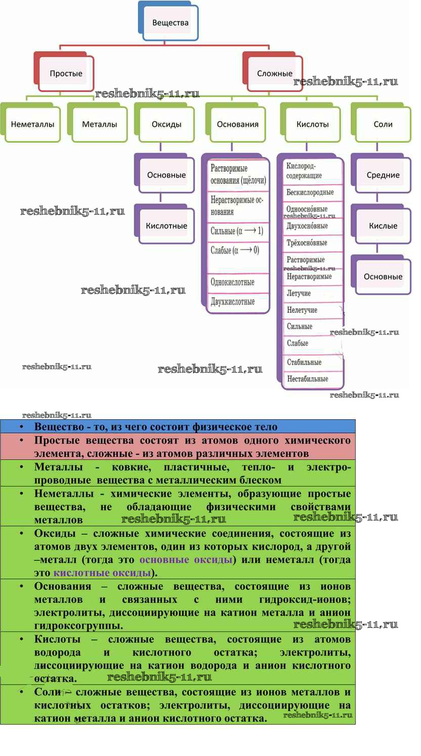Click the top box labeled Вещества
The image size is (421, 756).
(x=170, y=23)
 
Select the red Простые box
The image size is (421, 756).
(x=66, y=73)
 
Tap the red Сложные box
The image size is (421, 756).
(x=274, y=73)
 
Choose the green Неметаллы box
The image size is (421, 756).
(x=32, y=124)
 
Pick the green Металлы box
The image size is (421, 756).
(x=99, y=124)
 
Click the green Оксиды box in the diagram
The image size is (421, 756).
(x=166, y=124)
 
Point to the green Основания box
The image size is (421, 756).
(x=237, y=124)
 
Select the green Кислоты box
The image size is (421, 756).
(x=312, y=124)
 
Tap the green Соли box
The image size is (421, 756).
(x=383, y=124)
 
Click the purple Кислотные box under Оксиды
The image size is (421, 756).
(x=166, y=226)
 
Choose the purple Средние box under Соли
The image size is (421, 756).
(x=383, y=175)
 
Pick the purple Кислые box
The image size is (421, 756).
(x=383, y=226)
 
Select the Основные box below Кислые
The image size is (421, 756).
(x=383, y=276)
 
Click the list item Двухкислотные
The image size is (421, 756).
(x=233, y=302)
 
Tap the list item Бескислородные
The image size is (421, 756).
(x=310, y=192)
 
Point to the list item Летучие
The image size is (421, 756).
(x=299, y=293)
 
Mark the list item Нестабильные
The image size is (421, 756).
(x=307, y=379)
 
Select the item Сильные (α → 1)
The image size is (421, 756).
(x=237, y=231)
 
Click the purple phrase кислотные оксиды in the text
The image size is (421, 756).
(x=102, y=573)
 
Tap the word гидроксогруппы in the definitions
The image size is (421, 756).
(x=78, y=626)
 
